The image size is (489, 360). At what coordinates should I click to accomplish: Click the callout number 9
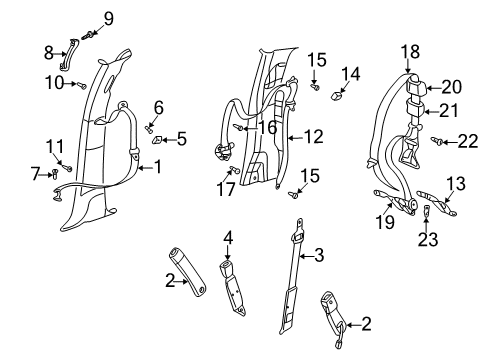tap(108, 17)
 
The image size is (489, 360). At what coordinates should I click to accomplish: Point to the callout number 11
tap(54, 145)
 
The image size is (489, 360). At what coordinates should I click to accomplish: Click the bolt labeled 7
tap(53, 175)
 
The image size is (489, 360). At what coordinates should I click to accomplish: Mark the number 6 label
tap(158, 107)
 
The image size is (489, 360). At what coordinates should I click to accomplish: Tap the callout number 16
tap(267, 127)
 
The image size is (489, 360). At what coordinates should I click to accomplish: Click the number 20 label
tap(451, 87)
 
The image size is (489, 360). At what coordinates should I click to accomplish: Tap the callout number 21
tap(451, 111)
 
